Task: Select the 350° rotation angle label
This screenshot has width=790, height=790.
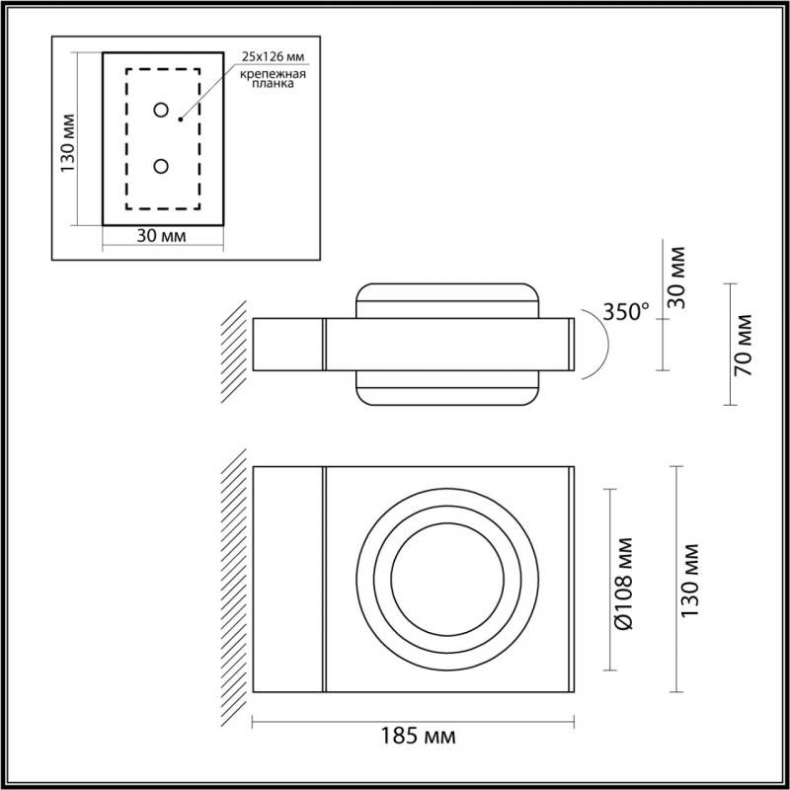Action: (626, 312)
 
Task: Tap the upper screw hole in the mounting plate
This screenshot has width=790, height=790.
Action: (161, 109)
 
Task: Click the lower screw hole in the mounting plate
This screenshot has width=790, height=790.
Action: (161, 167)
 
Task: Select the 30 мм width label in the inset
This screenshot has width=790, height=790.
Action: (162, 237)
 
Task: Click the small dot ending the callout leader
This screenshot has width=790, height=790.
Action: (181, 118)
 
